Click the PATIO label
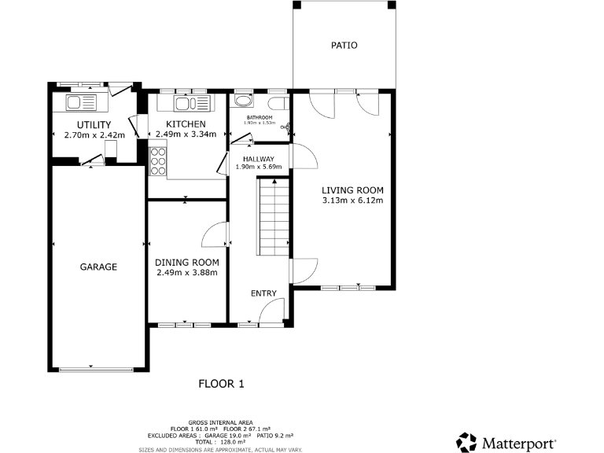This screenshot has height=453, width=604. (344, 46)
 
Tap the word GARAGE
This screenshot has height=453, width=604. (98, 267)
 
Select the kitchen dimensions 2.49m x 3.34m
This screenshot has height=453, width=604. (186, 134)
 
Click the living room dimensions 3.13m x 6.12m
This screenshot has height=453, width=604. (352, 201)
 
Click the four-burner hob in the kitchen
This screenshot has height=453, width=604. (157, 162)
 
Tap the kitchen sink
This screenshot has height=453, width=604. (186, 104)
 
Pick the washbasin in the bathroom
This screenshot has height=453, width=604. (242, 102)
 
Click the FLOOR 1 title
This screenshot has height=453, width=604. (221, 384)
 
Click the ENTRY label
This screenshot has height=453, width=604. (263, 293)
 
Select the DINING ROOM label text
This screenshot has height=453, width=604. (186, 263)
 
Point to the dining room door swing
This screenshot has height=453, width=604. (215, 234)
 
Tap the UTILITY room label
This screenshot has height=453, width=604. (94, 124)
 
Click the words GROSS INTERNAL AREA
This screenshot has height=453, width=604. (219, 422)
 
